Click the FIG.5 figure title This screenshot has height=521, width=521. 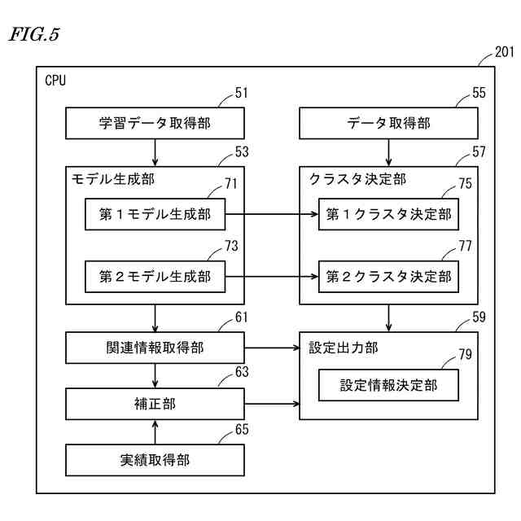(34, 34)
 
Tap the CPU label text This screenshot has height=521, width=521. (55, 81)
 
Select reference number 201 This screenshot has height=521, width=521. (505, 52)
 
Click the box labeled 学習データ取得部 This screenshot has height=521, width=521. (155, 123)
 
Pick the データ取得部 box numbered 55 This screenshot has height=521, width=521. (388, 123)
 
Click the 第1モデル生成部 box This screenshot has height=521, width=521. (155, 214)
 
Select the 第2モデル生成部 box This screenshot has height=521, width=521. (155, 277)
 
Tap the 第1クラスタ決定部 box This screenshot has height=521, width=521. (388, 214)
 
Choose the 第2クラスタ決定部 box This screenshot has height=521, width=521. (388, 277)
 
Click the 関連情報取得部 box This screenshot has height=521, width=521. (155, 348)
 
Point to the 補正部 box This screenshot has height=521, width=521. (155, 404)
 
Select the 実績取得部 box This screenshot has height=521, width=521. (155, 460)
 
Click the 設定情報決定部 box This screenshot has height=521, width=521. (388, 385)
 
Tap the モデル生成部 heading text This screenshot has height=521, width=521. (113, 179)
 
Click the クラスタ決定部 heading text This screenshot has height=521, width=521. (357, 179)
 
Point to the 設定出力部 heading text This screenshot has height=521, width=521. (343, 348)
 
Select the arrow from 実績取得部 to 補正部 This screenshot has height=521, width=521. (155, 432)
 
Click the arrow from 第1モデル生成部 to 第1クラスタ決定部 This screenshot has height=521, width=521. (272, 214)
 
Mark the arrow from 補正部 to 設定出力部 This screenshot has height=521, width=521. (272, 404)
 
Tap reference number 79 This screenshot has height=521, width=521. (465, 355)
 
